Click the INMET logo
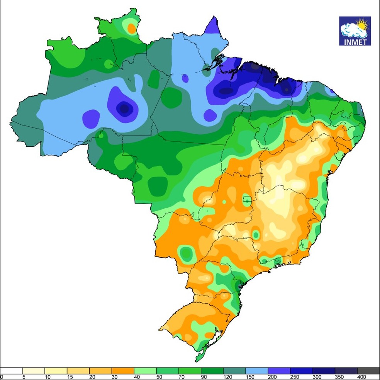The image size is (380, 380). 355,31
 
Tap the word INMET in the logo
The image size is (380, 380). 355,42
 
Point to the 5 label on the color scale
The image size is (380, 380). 24,377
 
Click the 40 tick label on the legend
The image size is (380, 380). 135,377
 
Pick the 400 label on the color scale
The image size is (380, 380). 361,377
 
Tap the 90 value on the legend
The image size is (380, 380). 202,377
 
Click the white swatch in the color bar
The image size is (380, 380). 11,371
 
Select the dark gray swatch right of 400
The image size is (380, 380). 369,371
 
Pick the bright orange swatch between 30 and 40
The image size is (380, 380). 123,371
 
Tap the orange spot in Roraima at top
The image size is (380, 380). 132,28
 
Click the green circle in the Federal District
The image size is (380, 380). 246,200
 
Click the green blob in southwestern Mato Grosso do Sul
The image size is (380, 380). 187,253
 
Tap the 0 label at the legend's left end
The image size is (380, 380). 2,377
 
